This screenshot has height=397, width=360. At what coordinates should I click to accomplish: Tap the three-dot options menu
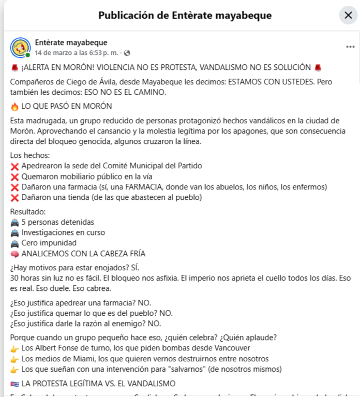[350, 47]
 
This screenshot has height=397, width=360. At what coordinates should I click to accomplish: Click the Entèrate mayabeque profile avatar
[20, 47]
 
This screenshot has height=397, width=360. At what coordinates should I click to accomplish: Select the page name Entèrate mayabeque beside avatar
[71, 42]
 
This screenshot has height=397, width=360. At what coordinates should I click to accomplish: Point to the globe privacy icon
[127, 53]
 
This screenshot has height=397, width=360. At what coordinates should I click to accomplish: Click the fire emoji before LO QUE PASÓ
[14, 107]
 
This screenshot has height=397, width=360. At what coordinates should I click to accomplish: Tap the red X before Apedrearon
[14, 166]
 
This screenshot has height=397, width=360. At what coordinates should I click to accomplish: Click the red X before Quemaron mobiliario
[14, 177]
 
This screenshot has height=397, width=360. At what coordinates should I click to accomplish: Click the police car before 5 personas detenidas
[14, 223]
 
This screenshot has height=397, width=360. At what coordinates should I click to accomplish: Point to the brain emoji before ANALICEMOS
[14, 254]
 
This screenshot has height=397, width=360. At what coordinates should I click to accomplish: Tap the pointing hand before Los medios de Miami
[14, 359]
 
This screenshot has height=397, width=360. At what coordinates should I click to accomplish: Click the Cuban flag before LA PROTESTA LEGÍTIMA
[14, 384]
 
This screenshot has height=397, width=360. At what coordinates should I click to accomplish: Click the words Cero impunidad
[49, 243]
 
